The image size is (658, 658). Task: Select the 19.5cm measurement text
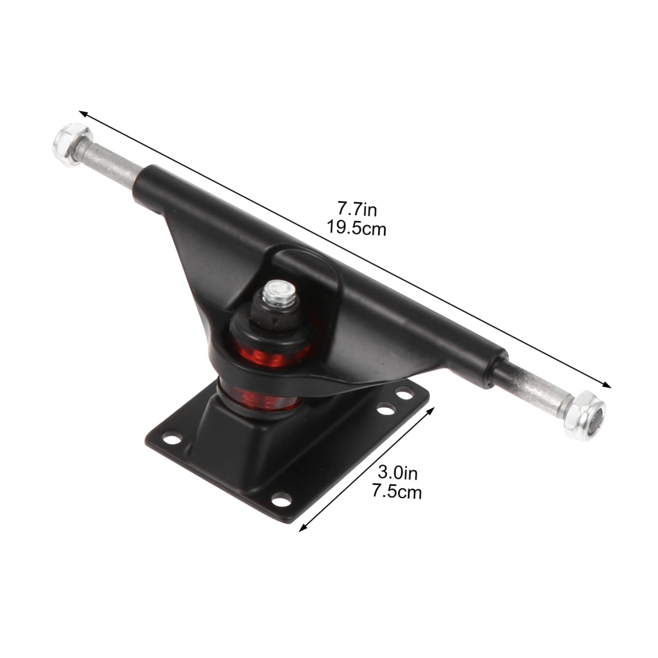coord(356,228)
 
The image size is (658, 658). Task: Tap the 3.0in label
coord(397,473)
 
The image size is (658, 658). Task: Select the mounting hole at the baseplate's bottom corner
coord(280,500)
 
